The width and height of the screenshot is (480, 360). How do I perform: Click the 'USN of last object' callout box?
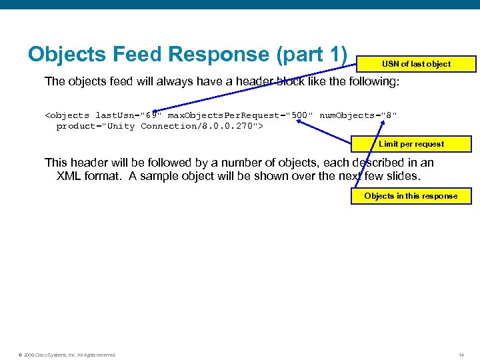[416, 64]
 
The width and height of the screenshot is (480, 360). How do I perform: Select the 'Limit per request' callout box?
[411, 144]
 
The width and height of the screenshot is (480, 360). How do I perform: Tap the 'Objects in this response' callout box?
[411, 196]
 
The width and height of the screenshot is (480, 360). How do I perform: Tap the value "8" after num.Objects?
[390, 115]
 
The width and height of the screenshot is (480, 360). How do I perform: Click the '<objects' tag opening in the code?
[67, 115]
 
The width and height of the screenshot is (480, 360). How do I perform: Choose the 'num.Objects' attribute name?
[347, 115]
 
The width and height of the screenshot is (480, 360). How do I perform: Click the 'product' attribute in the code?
[76, 126]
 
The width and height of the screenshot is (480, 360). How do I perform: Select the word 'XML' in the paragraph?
[69, 176]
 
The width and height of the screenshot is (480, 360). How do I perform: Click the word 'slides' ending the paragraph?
[404, 176]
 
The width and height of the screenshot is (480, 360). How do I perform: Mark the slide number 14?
[461, 354]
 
